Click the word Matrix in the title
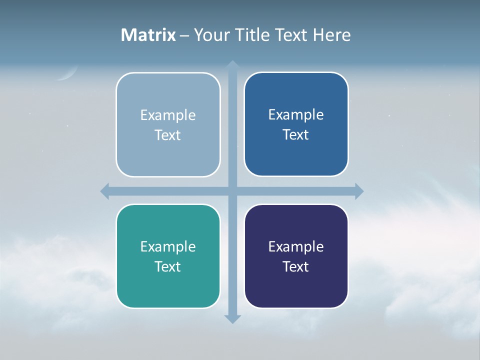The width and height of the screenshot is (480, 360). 148,35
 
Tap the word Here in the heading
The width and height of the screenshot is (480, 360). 332,35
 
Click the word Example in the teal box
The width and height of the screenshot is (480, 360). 168,246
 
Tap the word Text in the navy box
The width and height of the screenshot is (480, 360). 296,266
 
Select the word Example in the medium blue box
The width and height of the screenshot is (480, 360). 296,114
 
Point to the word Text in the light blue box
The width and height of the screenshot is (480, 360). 168,135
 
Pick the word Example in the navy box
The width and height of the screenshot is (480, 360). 296,246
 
